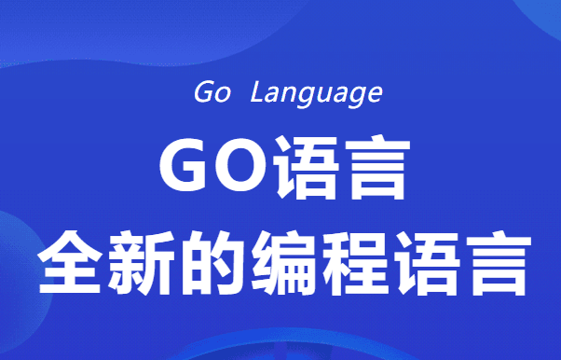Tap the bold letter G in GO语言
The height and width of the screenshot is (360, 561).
185,169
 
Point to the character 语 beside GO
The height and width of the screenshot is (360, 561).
308,169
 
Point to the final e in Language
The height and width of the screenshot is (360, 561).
375,94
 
